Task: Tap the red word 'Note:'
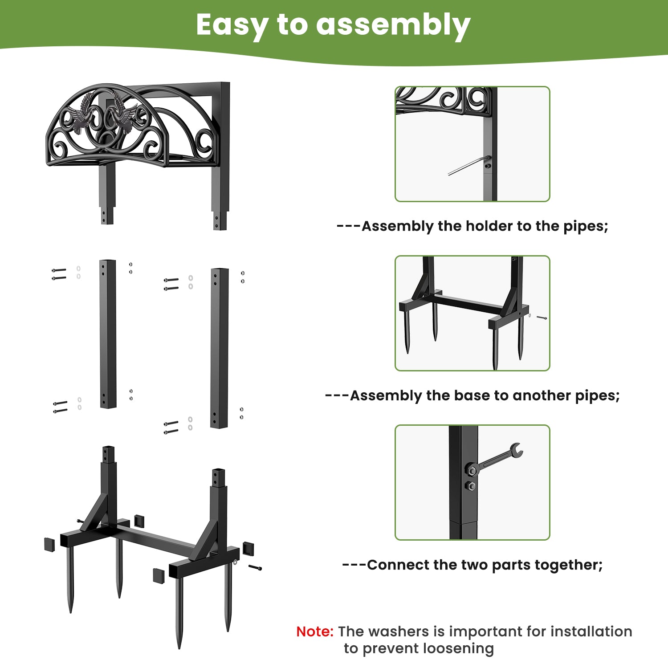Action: [x=314, y=631]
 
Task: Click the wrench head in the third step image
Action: [x=517, y=451]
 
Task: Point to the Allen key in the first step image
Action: [x=468, y=166]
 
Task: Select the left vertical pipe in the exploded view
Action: [x=108, y=334]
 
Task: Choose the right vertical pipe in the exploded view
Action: [x=220, y=348]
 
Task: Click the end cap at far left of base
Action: [x=49, y=545]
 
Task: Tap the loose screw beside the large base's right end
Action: [x=255, y=567]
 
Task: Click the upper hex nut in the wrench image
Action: [x=472, y=470]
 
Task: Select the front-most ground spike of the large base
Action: [x=179, y=615]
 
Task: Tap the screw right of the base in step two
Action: [x=542, y=318]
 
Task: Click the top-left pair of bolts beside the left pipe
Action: [x=59, y=274]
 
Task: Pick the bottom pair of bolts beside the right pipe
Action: [x=171, y=428]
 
